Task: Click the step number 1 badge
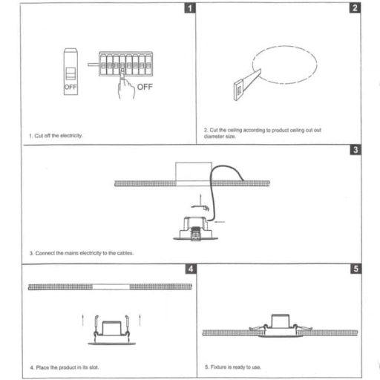click(x=190, y=8)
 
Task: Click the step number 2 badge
click(x=355, y=8)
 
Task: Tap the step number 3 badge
click(x=356, y=150)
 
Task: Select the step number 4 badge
click(x=191, y=269)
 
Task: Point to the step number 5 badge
click(x=356, y=269)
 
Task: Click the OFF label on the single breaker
click(x=71, y=87)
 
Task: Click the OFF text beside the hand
click(x=145, y=87)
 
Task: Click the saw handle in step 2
click(x=238, y=90)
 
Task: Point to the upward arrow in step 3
click(x=200, y=200)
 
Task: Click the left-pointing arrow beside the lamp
click(x=220, y=222)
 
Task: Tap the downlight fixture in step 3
click(x=195, y=229)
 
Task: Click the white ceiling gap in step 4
click(x=111, y=286)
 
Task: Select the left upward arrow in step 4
click(x=83, y=320)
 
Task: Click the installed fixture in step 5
click(x=281, y=326)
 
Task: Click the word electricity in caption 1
click(x=71, y=136)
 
